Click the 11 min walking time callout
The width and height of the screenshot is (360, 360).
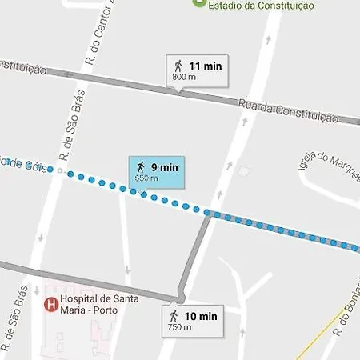(x=197, y=70)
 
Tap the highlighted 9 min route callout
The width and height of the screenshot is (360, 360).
(x=157, y=171)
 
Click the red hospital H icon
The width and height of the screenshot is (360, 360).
(x=50, y=304)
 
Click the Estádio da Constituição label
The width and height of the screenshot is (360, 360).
(x=261, y=6)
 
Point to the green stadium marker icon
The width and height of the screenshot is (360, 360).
(x=199, y=3)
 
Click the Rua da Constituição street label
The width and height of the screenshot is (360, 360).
(x=300, y=111)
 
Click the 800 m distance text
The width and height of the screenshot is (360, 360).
(x=183, y=78)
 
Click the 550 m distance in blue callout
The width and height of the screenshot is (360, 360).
(x=147, y=178)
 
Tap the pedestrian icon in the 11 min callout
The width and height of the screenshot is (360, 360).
(x=177, y=66)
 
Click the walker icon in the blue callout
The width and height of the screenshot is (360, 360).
(x=141, y=166)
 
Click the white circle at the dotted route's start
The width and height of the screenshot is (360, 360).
(x=59, y=170)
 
